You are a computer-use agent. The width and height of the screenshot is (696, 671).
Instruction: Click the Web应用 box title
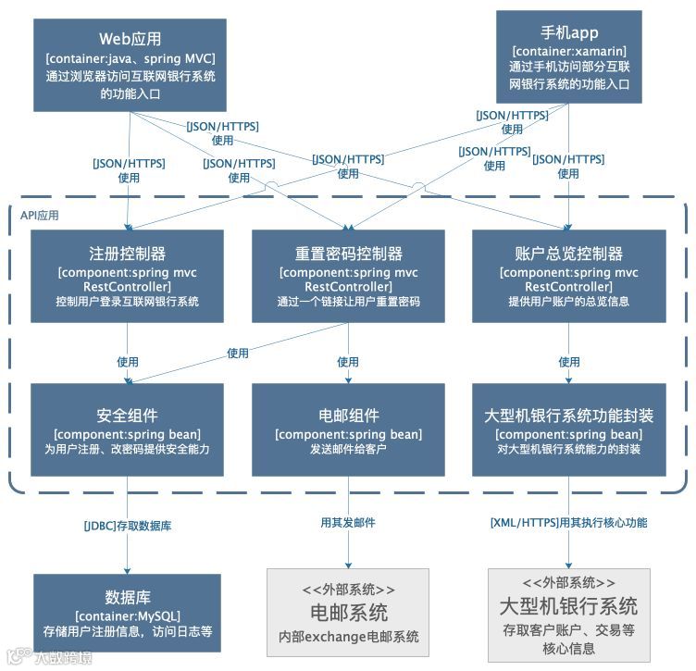coord(130,39)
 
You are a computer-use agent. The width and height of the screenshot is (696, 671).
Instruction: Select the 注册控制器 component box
coord(127,276)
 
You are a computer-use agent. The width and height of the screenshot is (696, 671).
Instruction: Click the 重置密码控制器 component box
coord(348,276)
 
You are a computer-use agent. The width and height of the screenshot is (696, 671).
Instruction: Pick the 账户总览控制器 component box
coord(568,276)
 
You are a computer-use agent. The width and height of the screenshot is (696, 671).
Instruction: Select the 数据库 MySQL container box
coord(128,613)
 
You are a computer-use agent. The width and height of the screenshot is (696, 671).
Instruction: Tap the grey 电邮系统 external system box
coord(348,613)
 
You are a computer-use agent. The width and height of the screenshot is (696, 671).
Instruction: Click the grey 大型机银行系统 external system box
coord(568,613)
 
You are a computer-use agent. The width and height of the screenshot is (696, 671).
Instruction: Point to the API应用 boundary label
coord(40,215)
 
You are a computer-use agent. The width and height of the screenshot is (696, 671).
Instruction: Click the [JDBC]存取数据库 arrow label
coord(128,526)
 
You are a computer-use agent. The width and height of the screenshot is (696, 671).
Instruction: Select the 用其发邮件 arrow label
coord(348,523)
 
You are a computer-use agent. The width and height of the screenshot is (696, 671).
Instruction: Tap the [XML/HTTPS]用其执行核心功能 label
coord(568,523)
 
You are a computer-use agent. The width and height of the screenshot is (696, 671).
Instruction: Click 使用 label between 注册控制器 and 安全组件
coord(128,362)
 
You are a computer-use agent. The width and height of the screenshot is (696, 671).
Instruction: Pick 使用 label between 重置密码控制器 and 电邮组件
coord(348,362)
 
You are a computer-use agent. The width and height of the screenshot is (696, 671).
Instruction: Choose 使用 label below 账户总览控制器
coord(568,362)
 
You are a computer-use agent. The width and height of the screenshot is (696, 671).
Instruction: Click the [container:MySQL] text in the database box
coord(128,615)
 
